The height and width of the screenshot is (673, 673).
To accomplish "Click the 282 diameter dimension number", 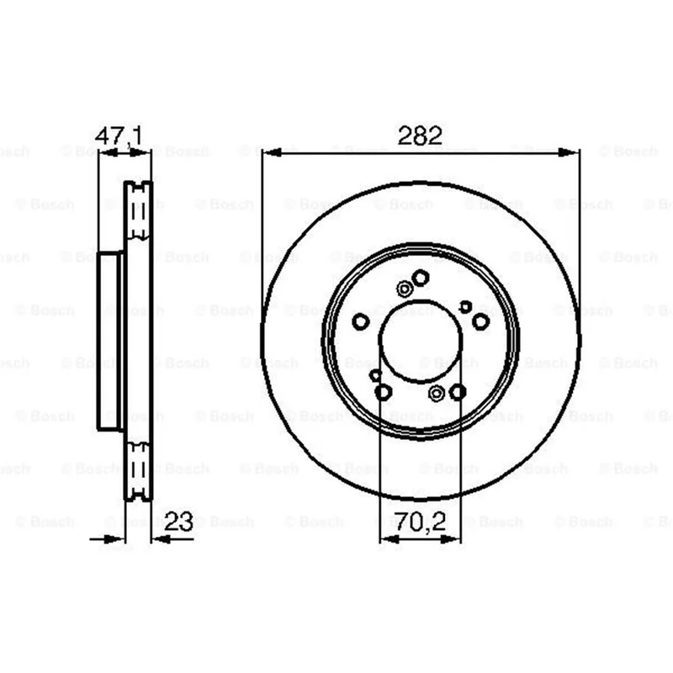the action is [419, 135].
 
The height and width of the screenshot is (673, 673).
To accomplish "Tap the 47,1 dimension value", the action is [119, 135].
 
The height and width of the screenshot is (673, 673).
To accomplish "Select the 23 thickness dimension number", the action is [178, 522].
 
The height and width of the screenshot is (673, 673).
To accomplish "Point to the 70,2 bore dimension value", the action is [420, 522].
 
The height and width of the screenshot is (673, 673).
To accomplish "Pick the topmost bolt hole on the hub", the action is [421, 278].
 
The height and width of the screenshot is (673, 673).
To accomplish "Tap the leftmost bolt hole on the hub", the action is [361, 321].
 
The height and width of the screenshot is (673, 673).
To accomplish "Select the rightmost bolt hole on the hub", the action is [480, 321].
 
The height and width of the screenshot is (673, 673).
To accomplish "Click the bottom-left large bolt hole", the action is [384, 392].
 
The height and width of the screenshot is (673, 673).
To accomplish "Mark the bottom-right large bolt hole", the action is [458, 392].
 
